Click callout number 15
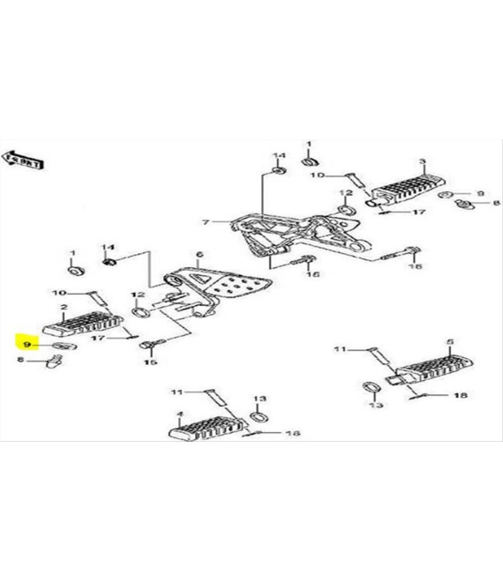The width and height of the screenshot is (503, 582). (x=148, y=362)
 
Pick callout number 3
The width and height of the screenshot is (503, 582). (x=422, y=162)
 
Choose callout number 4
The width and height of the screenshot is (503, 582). (x=180, y=414)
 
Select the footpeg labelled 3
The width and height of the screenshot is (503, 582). (x=409, y=190)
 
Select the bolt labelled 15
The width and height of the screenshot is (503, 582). (x=149, y=342)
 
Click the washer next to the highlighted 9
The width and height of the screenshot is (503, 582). (x=58, y=346)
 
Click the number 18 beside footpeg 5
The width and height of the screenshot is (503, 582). (x=459, y=397)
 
